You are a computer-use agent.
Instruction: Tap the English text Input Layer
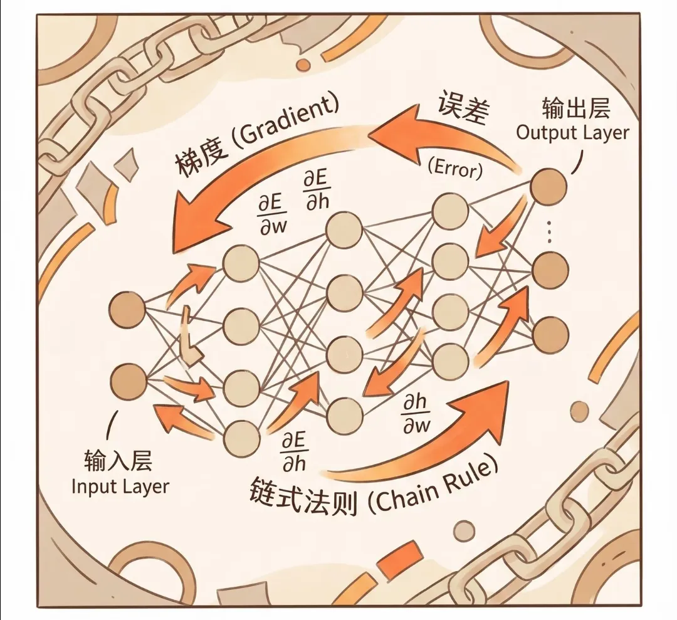click(x=120, y=486)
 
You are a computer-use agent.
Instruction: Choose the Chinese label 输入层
click(x=118, y=463)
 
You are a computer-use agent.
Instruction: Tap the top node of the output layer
click(x=549, y=186)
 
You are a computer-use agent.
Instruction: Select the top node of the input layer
click(x=127, y=309)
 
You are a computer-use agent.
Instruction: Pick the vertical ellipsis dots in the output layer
click(x=550, y=231)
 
